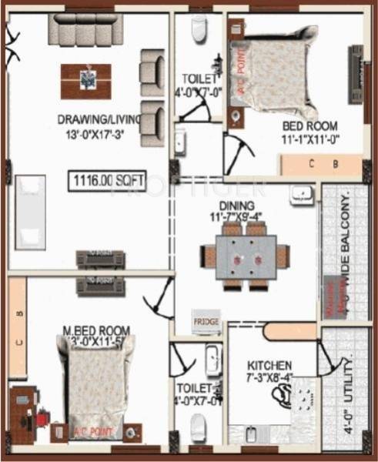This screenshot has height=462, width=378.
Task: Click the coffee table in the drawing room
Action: (x=85, y=80)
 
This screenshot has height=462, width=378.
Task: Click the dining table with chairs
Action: (x=245, y=256)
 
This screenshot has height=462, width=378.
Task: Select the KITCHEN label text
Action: (x=269, y=365)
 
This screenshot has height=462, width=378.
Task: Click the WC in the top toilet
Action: (x=199, y=30)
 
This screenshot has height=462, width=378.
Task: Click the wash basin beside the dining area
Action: (x=301, y=194)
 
